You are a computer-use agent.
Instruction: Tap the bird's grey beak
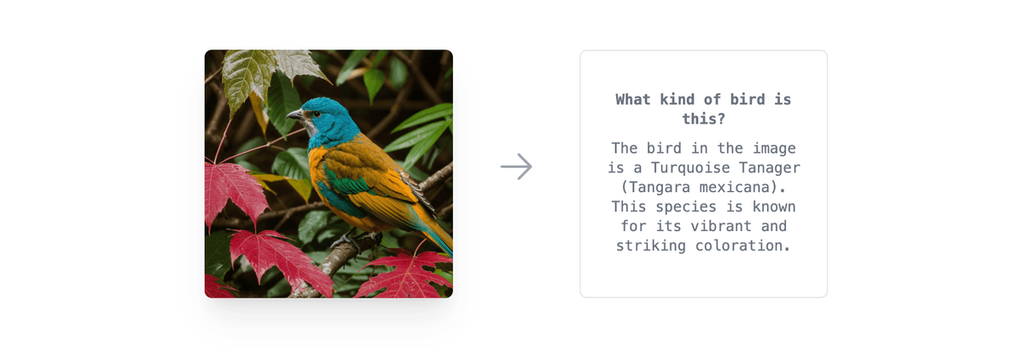(295, 113)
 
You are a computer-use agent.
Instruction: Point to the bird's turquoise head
(329, 116)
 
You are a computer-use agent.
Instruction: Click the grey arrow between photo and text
(516, 166)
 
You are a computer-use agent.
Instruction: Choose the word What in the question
(634, 100)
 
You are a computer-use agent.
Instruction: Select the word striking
(649, 246)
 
